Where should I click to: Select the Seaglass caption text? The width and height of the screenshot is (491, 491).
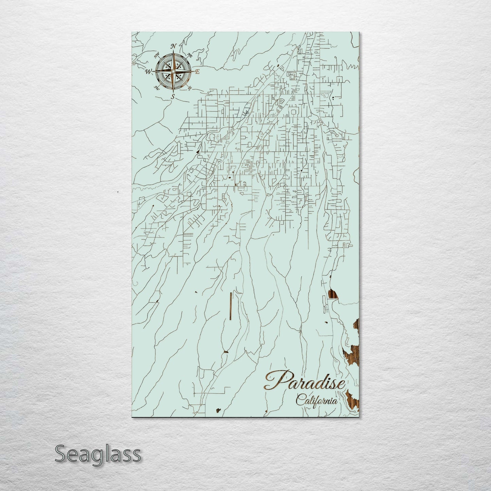[98, 454]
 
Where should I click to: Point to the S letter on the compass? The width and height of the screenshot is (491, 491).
[173, 97]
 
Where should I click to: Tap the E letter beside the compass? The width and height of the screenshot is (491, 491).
[197, 72]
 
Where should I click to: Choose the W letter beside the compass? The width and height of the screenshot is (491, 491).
[148, 72]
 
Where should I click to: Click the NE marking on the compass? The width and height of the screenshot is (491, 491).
[190, 55]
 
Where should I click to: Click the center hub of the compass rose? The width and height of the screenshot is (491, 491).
[173, 72]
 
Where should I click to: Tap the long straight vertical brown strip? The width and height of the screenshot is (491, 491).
[231, 306]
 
